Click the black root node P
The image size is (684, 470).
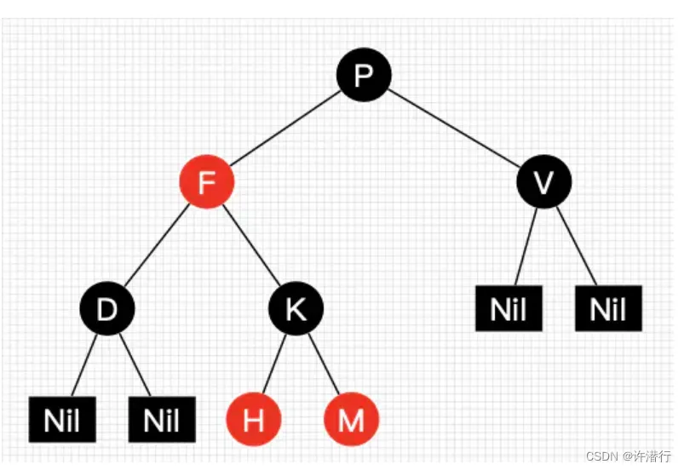364,75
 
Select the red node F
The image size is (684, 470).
205,181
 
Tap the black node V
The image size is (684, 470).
544,181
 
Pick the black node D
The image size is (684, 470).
107,308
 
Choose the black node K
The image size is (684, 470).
296,308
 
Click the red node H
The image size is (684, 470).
253,420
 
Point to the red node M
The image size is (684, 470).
351,420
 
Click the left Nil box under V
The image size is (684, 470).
509,309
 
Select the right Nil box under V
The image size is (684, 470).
608,309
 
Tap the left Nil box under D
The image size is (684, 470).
62,419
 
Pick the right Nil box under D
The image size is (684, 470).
162,419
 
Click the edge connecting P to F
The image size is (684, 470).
285,128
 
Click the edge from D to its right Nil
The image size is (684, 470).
135,364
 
